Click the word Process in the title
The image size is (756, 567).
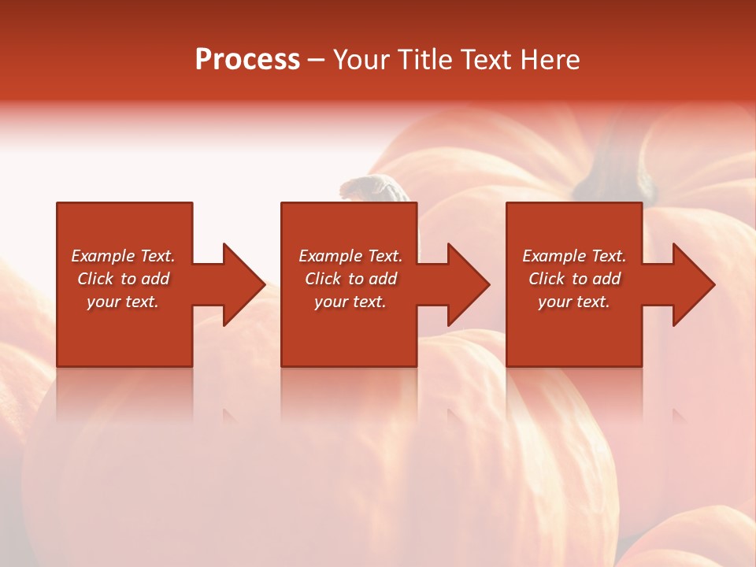coord(247,60)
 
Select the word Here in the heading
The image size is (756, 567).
coord(551,60)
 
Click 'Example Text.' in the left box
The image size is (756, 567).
coord(124,256)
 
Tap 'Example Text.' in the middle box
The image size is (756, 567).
coord(350,256)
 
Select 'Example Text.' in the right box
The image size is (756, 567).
coord(574,256)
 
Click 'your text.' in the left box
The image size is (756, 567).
coord(123,302)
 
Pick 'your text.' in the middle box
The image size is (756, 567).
coord(350,302)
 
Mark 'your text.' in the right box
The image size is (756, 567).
coord(574,302)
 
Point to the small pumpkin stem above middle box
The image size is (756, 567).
coord(371,188)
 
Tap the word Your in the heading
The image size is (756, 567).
coord(361,60)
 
